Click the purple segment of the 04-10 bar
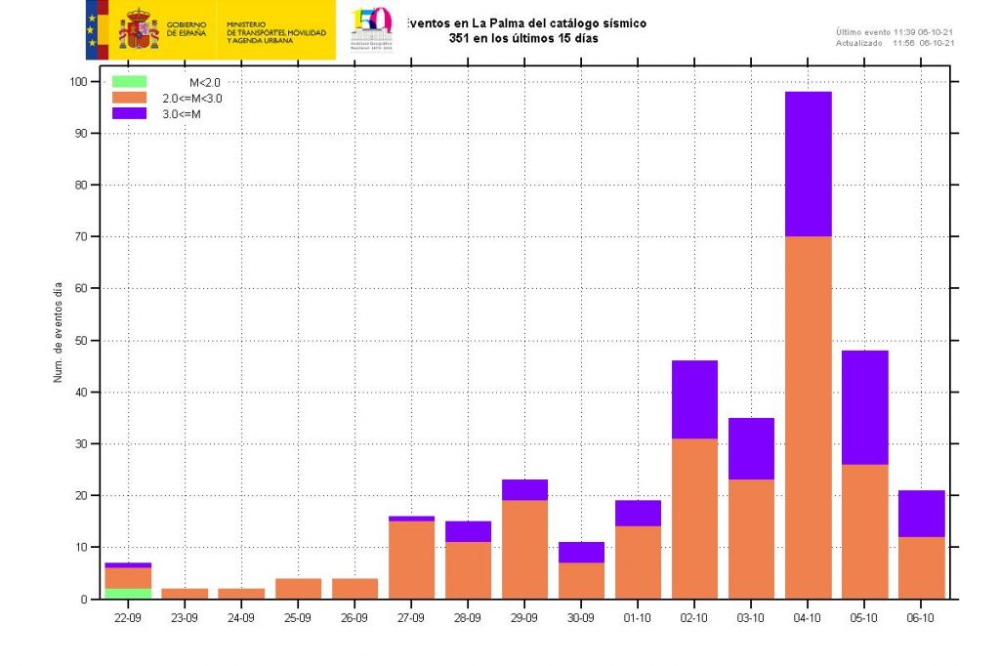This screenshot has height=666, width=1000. [808, 164]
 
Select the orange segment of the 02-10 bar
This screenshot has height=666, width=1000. [694, 518]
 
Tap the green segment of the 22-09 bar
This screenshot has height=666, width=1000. [128, 594]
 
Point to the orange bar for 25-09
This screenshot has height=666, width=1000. [298, 588]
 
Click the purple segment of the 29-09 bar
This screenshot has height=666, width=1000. [524, 490]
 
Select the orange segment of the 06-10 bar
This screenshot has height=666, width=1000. [921, 567]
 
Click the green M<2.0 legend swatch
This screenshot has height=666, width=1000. [129, 82]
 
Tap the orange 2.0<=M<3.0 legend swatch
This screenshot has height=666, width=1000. [129, 98]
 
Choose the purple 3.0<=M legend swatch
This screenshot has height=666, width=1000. [129, 113]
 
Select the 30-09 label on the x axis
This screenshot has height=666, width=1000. [581, 618]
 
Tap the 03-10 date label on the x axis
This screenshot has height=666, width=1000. [751, 618]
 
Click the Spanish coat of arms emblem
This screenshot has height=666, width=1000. [138, 29]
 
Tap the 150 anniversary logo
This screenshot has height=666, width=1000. [371, 26]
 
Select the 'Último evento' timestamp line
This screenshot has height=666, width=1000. [895, 32]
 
